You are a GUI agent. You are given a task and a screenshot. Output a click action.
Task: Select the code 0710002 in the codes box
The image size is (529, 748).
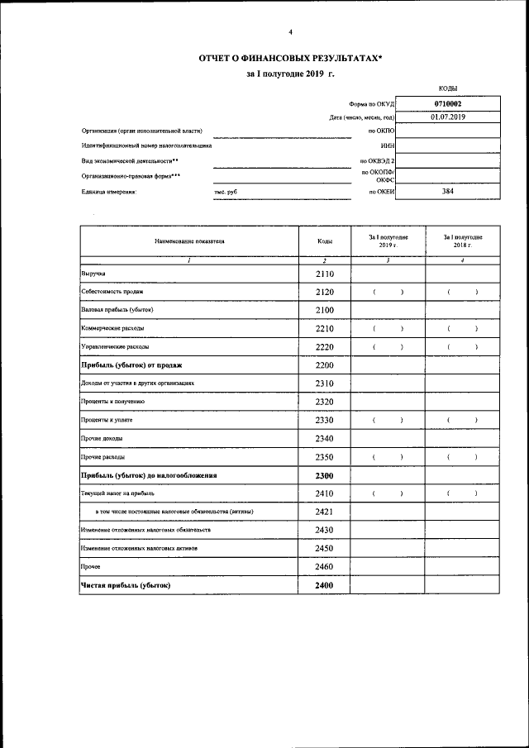pyautogui.click(x=447, y=104)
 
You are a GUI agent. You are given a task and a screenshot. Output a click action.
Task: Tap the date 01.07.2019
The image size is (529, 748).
pyautogui.click(x=447, y=117)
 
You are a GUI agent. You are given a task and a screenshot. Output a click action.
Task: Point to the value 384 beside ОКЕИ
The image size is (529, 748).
pyautogui.click(x=447, y=192)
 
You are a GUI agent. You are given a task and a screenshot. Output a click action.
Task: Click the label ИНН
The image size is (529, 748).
pyautogui.click(x=386, y=145)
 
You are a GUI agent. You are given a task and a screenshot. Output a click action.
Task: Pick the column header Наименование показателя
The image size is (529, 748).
pyautogui.click(x=188, y=241)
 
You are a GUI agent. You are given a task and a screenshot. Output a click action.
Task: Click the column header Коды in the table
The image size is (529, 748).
pyautogui.click(x=325, y=241)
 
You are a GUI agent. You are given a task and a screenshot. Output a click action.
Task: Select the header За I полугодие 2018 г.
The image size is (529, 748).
pyautogui.click(x=462, y=241)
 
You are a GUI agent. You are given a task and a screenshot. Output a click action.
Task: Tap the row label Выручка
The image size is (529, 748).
pyautogui.click(x=93, y=274)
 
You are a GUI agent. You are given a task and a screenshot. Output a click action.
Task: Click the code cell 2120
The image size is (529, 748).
pyautogui.click(x=325, y=292)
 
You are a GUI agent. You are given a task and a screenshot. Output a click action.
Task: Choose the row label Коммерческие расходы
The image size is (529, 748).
pyautogui.click(x=112, y=328)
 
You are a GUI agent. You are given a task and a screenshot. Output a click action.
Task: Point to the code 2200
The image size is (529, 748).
pyautogui.click(x=325, y=364)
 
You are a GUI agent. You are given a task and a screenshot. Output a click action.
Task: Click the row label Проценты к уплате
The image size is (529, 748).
pyautogui.click(x=107, y=421)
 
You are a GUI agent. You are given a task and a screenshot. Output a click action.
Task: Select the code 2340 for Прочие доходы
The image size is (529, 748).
pyautogui.click(x=325, y=438)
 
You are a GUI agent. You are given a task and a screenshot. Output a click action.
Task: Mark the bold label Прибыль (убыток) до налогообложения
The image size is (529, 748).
pyautogui.click(x=148, y=475)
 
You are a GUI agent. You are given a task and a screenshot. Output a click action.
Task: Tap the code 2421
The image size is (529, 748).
pyautogui.click(x=325, y=512)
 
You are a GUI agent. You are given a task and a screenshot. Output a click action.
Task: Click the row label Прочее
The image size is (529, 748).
pyautogui.click(x=91, y=567)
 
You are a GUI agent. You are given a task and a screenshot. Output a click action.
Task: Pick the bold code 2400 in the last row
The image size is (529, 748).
pyautogui.click(x=325, y=585)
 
